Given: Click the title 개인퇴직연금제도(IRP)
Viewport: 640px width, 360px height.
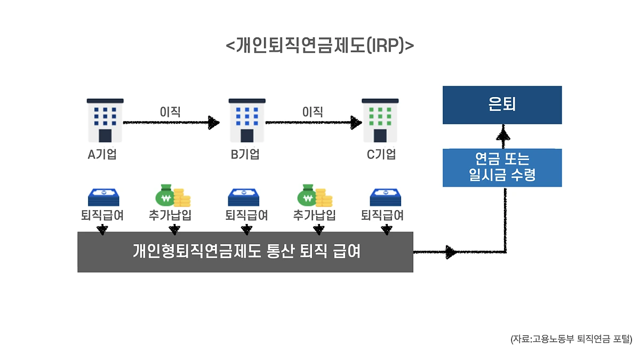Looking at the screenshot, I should pos(320,45).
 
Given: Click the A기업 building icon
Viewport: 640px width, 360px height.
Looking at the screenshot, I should pos(105,121).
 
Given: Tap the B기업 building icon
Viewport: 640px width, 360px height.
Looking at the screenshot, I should pos(247,121).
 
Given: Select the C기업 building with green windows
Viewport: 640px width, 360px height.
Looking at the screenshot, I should pos(380,121).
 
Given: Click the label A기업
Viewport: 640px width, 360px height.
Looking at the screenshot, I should pos(102,155).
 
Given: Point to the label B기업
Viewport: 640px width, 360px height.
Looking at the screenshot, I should pos(245,155).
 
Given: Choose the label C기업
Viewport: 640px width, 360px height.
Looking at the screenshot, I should pos(381,155).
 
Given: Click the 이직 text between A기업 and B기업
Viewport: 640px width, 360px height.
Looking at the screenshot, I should pos(170,112).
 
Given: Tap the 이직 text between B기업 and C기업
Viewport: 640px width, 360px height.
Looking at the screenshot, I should pos(313,112).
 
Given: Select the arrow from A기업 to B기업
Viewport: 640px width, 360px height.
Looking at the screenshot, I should pos(171,123).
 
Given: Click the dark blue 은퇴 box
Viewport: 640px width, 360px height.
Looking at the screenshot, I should pos(502,105).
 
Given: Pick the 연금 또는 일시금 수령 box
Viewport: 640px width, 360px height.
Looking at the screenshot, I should pos(502,167).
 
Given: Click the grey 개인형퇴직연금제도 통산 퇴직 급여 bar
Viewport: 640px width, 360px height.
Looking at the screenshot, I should pos(245,252).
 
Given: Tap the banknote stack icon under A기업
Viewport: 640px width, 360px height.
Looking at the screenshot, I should pos(103,197).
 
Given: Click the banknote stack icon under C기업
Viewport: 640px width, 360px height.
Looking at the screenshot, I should pos(386,197).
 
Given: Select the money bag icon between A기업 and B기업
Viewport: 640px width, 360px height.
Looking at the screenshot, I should pos(172,196).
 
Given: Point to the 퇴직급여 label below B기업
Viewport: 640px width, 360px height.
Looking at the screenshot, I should pos(246,215).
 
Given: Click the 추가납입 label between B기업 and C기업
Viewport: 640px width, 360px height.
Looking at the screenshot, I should pos(315,215).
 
